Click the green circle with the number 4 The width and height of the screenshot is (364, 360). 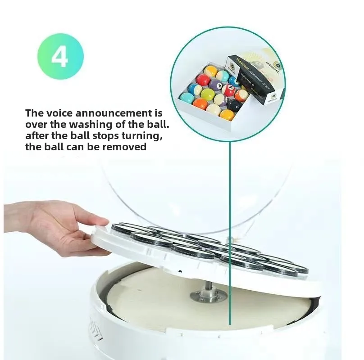point(59,57)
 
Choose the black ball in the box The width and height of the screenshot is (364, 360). point(234,105)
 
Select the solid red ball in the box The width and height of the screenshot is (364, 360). point(203,80)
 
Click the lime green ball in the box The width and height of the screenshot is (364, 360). point(207,94)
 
